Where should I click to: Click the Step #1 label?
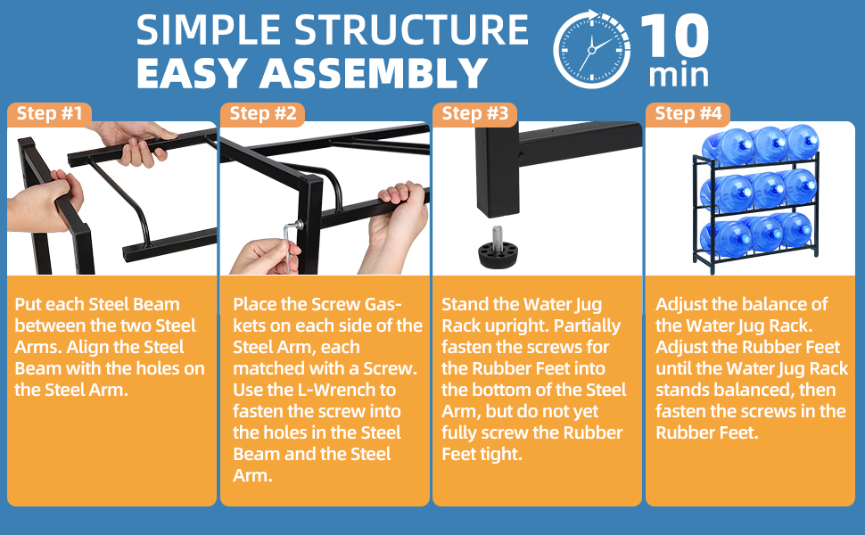tap(49, 113)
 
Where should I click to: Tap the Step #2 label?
tap(262, 113)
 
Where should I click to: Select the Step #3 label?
tap(474, 113)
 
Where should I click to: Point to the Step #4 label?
tap(688, 113)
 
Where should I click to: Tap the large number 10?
tap(675, 36)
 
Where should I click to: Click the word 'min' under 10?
tap(679, 75)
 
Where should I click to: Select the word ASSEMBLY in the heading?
tap(374, 73)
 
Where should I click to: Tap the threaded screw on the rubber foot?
tap(498, 235)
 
